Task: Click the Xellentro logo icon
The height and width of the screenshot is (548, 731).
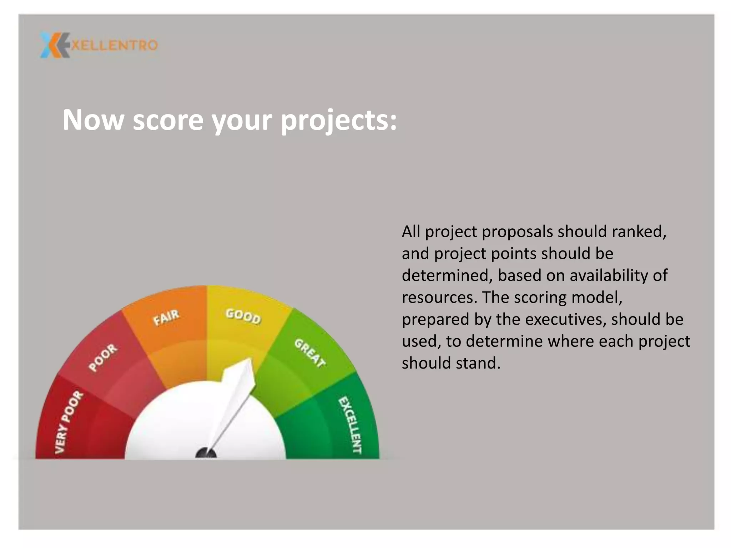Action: (54, 45)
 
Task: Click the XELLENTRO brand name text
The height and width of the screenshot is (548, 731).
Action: (114, 45)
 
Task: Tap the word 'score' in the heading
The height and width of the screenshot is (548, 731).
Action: (168, 121)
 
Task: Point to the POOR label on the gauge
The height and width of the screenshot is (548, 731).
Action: (103, 357)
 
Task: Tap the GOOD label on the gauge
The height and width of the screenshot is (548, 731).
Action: (243, 316)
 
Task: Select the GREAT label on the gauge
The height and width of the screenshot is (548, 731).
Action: (310, 353)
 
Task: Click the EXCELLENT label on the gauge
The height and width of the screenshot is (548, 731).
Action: (350, 425)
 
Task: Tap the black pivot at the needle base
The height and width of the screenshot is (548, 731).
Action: (206, 454)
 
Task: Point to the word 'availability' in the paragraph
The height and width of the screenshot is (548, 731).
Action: (612, 276)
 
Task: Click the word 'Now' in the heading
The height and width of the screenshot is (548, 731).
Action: (93, 120)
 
